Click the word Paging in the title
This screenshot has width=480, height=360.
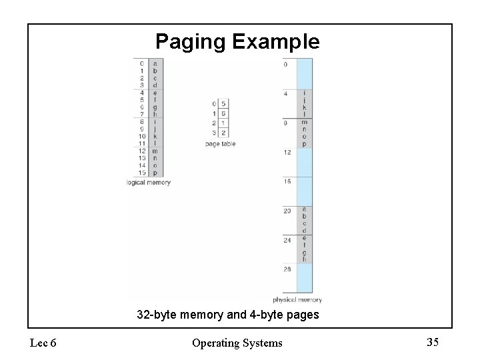[191, 43]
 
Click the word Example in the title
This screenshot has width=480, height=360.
[275, 42]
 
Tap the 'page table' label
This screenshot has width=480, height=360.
[220, 144]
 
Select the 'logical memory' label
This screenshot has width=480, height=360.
[149, 183]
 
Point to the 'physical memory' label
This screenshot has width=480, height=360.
[297, 300]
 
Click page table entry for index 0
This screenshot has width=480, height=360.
[223, 104]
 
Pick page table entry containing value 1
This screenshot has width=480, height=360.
[223, 123]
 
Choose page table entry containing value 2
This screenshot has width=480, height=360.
[223, 133]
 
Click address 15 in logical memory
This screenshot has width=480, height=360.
[141, 173]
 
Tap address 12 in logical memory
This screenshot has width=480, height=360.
[141, 151]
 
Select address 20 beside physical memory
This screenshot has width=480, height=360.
[287, 211]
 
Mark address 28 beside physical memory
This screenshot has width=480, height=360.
[287, 269]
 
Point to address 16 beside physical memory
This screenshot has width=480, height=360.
[287, 181]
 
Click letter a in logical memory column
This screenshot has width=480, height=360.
[155, 64]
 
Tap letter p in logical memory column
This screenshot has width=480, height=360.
[155, 173]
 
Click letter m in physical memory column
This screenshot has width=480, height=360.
[304, 122]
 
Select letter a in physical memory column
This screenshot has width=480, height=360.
[304, 209]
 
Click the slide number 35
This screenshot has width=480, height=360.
[433, 343]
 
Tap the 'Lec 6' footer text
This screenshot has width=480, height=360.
[43, 343]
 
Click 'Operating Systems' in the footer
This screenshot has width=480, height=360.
[237, 343]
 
